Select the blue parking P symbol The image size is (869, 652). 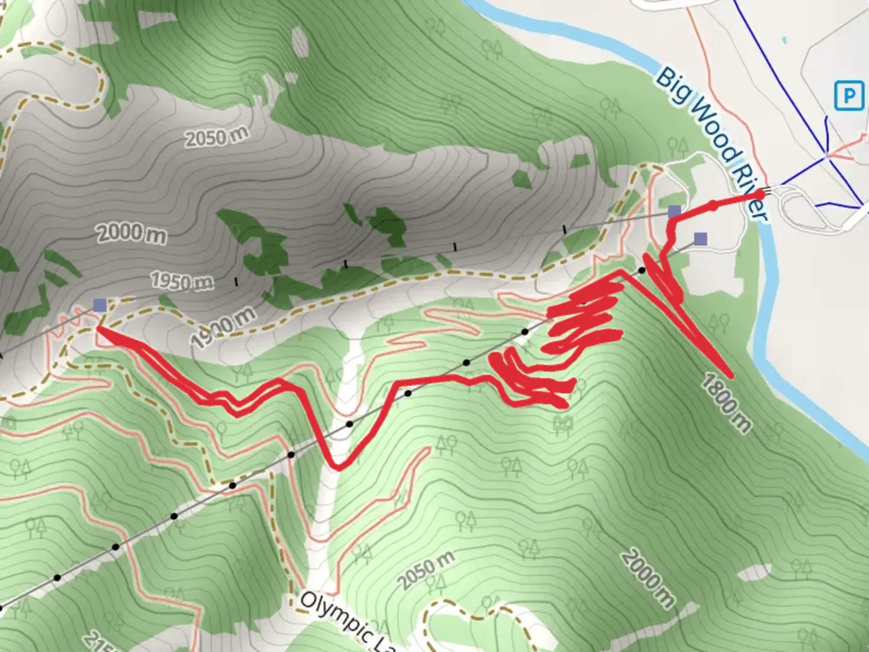[849, 96]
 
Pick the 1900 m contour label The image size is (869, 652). [223, 328]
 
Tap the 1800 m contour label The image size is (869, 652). [727, 403]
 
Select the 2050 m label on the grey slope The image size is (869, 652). [215, 137]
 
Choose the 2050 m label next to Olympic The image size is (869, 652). [425, 570]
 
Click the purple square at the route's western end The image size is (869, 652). [100, 305]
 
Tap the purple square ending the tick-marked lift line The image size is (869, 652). [674, 211]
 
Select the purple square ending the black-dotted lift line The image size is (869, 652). [700, 238]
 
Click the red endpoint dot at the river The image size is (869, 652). [759, 194]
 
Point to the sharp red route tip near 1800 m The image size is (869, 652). [731, 375]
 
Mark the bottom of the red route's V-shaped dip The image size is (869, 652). [339, 467]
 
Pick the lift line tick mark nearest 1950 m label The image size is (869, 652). [236, 281]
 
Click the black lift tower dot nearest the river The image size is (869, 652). [642, 270]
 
